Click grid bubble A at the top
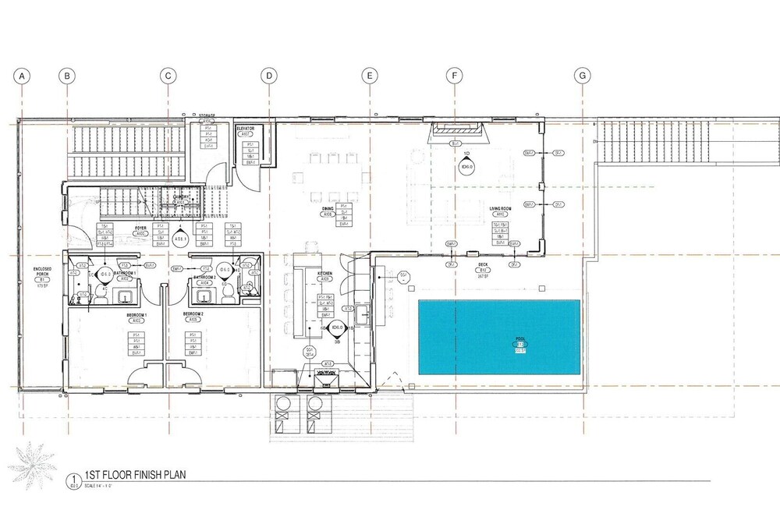click(23, 76)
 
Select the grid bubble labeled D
click(268, 76)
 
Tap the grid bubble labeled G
click(582, 76)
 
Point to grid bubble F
click(453, 76)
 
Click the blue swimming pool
click(500, 338)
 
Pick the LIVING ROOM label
click(499, 209)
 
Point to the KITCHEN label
click(325, 274)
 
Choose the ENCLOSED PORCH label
click(42, 271)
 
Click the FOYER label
click(141, 228)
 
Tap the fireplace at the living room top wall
click(458, 133)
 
